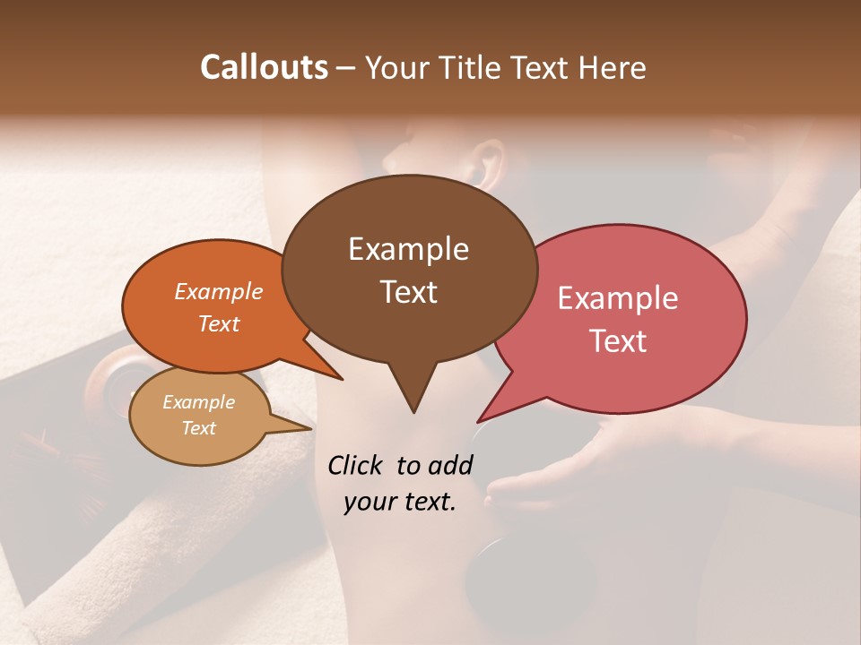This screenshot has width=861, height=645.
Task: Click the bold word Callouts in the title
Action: [x=264, y=67]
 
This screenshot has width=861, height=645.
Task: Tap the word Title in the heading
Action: [x=474, y=67]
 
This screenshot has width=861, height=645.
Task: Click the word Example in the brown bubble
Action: [x=408, y=249]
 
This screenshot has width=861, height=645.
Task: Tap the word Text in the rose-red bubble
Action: [x=618, y=340]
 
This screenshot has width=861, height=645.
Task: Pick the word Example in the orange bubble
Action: [x=218, y=291]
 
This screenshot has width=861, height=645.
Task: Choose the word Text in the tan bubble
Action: [x=198, y=428]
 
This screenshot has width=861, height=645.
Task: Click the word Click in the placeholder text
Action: [x=356, y=465]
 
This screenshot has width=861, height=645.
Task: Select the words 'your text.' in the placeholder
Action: [x=400, y=502]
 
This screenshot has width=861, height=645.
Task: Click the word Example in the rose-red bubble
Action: [x=618, y=298]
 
